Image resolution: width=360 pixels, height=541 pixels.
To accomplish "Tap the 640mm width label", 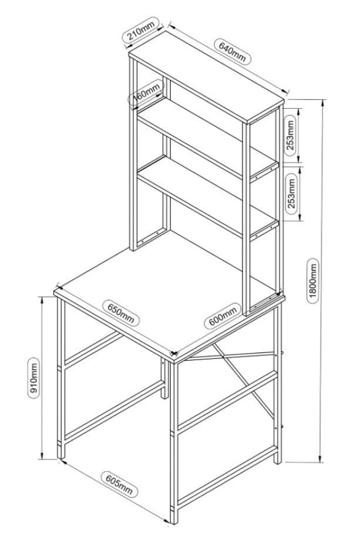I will click(233, 51).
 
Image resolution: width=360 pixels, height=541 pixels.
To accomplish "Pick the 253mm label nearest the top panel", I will click(290, 134).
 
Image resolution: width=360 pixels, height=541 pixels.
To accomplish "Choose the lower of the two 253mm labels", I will click(290, 193).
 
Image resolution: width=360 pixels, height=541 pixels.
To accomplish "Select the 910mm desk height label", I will click(34, 377).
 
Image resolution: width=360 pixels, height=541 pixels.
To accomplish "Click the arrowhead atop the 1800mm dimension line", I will click(322, 102).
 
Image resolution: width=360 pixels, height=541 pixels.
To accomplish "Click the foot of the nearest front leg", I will click(172, 519).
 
